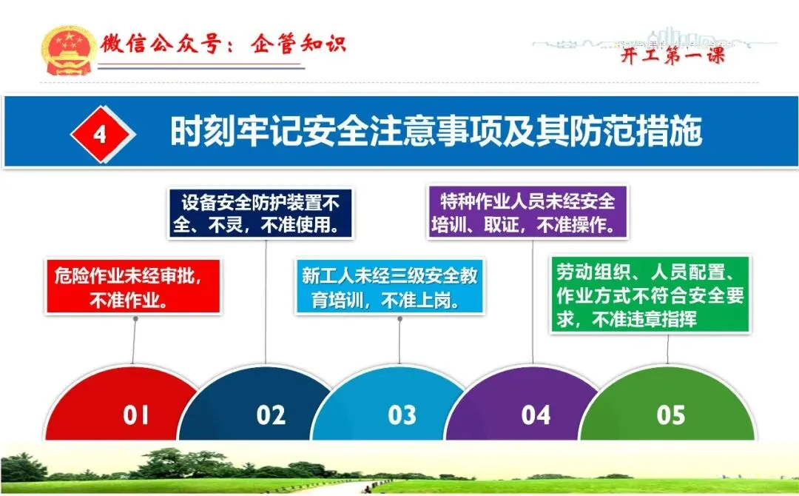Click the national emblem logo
[68, 50]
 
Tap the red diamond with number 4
[102, 134]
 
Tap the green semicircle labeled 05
[667, 403]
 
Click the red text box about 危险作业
[133, 286]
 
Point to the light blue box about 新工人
[389, 286]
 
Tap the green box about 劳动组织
[650, 295]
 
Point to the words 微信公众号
[160, 44]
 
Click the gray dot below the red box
[135, 319]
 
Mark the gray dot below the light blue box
[400, 319]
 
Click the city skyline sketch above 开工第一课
[655, 39]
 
